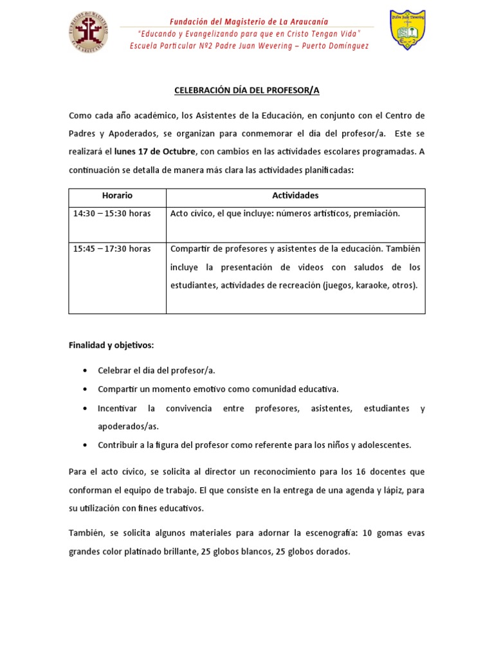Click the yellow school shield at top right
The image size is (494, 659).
(407, 30)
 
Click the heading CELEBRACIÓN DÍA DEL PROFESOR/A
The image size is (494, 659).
(246, 91)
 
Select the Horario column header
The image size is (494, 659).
(117, 196)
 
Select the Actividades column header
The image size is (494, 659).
(295, 196)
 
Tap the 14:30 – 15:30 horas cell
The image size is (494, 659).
(112, 214)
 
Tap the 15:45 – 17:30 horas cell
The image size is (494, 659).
(112, 249)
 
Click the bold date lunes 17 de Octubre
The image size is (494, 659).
(154, 152)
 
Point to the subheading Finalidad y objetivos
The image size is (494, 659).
(111, 346)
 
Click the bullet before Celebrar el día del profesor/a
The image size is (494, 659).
(86, 371)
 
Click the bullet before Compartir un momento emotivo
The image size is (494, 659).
(86, 390)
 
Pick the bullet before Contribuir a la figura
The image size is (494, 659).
(86, 445)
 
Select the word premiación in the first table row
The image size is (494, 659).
(376, 214)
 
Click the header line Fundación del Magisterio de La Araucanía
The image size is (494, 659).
(248, 22)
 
